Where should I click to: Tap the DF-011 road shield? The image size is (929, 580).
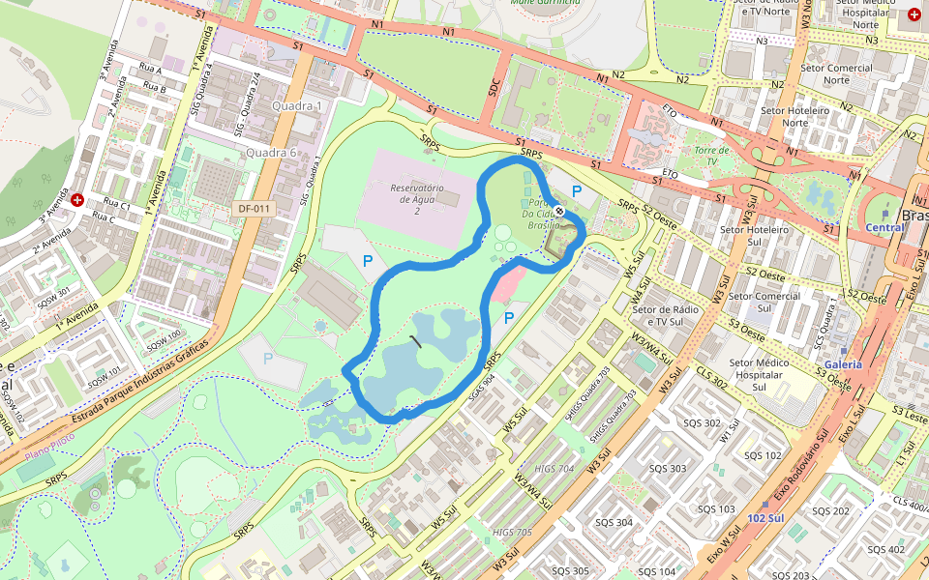click(255, 209)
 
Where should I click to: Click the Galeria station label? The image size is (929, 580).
click(842, 364)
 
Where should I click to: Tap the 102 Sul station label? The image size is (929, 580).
click(765, 518)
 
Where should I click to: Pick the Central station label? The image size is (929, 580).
click(884, 228)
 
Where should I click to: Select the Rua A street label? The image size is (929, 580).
click(151, 71)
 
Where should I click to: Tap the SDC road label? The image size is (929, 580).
click(494, 86)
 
